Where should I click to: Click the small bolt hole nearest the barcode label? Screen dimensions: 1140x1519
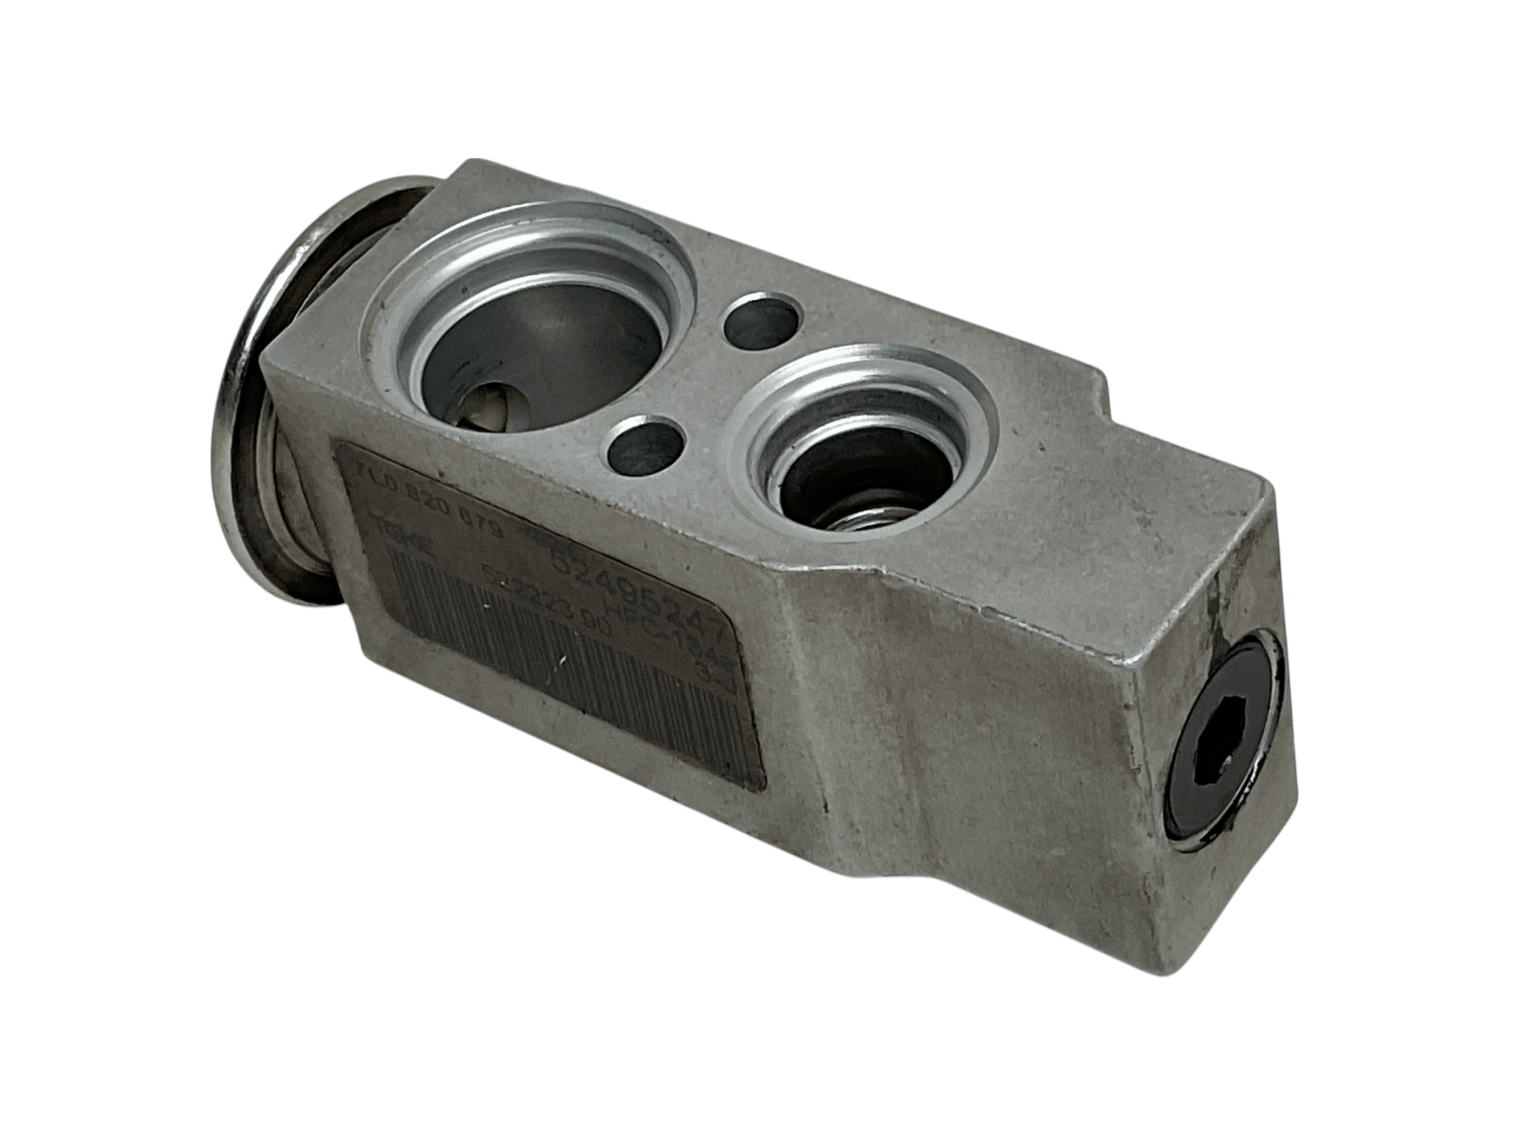646,447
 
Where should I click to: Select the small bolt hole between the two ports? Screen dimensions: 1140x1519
763,320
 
